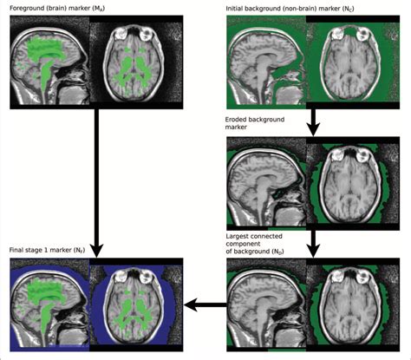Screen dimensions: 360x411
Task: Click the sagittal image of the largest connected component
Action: click(x=267, y=305)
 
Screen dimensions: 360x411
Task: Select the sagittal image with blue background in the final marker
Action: click(x=51, y=305)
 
